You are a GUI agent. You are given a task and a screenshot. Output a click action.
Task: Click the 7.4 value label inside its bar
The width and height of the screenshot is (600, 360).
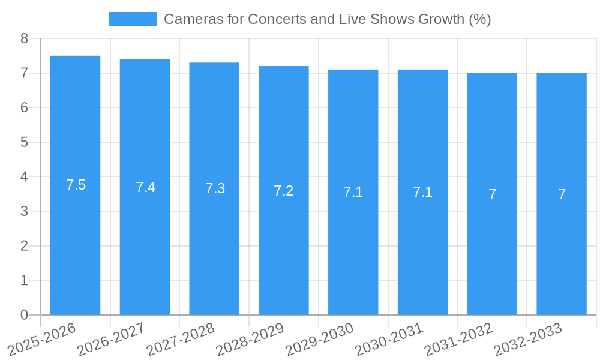tap(145, 187)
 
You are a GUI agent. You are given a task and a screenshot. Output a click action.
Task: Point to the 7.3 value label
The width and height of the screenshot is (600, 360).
tap(215, 188)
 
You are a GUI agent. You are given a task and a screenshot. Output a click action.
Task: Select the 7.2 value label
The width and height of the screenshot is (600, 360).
tap(283, 191)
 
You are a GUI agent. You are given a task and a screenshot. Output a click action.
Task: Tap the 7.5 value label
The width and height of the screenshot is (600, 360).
tap(76, 185)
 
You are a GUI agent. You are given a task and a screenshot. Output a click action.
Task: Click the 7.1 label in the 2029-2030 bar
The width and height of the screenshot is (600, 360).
tap(353, 192)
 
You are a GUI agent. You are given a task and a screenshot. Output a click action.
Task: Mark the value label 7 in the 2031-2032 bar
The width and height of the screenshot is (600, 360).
tap(492, 194)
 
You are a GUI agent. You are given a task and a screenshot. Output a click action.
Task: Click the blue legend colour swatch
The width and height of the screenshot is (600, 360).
tap(132, 19)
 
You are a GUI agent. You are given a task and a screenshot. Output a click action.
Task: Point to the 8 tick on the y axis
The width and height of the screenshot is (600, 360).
tap(24, 38)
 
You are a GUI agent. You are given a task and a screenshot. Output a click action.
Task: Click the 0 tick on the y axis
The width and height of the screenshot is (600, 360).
tap(24, 315)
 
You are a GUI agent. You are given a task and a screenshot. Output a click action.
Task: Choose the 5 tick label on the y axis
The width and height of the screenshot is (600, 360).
tap(24, 142)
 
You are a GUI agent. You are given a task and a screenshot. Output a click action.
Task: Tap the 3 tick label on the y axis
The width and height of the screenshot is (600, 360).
tap(24, 211)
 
